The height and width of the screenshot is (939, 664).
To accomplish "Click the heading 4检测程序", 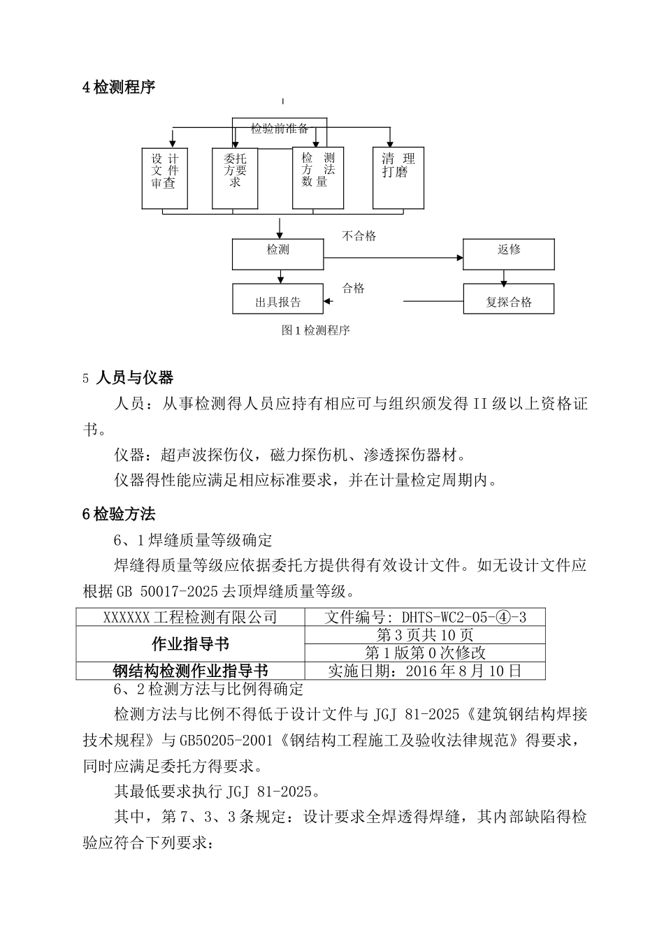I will (119, 87).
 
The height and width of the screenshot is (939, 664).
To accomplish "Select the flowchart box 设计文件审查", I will (164, 178).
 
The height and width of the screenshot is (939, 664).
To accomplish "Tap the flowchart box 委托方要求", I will (235, 178).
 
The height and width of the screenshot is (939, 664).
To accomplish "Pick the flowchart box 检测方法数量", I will (318, 178).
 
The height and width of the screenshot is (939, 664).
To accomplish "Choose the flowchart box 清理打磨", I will (398, 178).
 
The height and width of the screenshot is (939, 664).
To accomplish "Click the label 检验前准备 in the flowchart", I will (280, 129).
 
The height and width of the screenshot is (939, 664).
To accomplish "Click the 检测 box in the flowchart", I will (277, 254).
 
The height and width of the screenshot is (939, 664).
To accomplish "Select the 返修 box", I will (509, 254).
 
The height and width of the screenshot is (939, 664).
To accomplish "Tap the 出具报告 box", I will (277, 299).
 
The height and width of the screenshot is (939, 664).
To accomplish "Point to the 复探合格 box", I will (509, 299).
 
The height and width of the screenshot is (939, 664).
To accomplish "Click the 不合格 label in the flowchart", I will (359, 236).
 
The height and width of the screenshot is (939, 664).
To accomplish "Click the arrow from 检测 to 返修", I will (391, 258).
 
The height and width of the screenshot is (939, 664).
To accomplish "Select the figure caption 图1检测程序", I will (315, 330).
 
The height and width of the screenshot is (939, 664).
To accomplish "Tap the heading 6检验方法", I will (119, 514).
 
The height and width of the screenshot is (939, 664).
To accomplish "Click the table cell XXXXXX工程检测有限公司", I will (190, 617).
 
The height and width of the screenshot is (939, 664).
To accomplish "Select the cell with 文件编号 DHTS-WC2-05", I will (425, 617).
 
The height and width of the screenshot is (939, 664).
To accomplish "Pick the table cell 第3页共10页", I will (425, 635).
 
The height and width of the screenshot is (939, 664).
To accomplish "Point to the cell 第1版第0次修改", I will (425, 653).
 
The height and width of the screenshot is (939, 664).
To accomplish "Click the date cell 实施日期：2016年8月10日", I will (425, 671).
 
